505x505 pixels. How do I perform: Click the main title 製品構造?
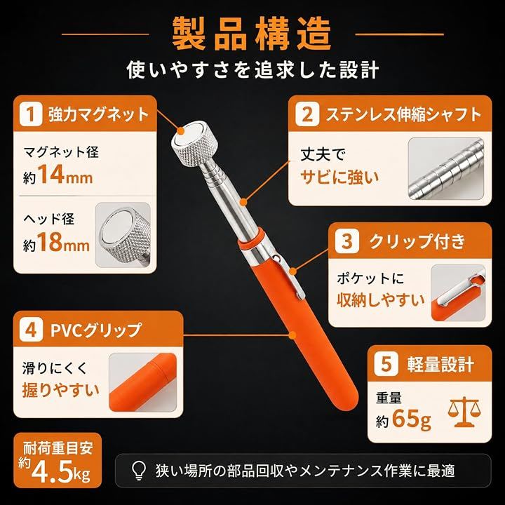252,34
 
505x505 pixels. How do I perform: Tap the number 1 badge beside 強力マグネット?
31,114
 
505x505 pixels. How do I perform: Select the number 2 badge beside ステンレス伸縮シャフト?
307,114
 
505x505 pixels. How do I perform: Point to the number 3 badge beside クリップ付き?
347,241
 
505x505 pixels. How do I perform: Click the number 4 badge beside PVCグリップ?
31,330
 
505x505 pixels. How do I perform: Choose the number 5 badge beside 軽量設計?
386,364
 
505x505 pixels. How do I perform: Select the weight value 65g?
411,419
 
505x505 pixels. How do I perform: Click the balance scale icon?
464,412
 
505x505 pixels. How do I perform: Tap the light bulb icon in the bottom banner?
139,471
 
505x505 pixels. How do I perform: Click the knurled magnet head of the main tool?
194,144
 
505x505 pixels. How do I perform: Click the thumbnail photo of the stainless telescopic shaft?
446,169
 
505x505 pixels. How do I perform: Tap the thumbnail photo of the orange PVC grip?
143,382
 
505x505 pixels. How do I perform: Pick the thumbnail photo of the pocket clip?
458,292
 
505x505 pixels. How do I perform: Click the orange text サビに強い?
339,177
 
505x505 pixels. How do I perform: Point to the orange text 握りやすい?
60,389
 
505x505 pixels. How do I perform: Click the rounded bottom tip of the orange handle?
349,399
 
